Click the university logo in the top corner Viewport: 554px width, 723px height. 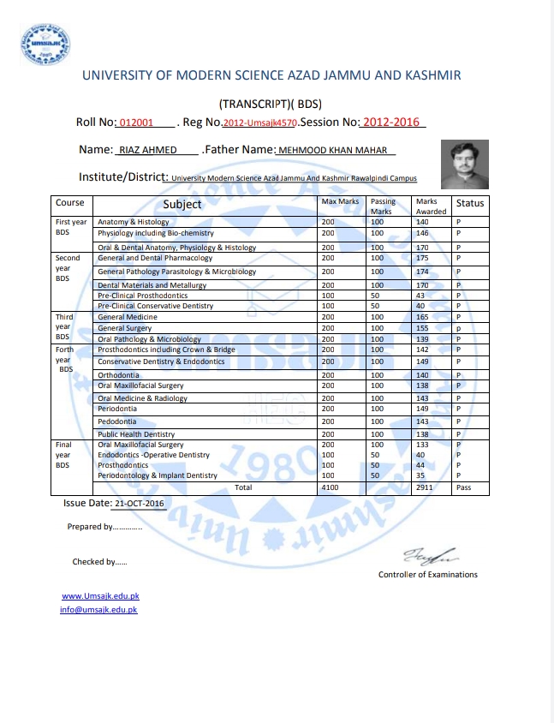(44, 42)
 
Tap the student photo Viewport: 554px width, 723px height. (465, 164)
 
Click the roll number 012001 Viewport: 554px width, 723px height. (137, 123)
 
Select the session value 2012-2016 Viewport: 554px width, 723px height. (391, 122)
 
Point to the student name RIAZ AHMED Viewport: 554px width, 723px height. (148, 150)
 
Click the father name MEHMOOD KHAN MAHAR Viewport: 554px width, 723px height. (335, 150)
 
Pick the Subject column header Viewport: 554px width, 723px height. (182, 204)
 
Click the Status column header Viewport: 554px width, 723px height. (470, 204)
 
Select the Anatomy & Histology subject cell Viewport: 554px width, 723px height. (134, 222)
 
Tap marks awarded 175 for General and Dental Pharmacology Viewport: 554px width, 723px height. (422, 258)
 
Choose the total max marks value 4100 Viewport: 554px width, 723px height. (330, 487)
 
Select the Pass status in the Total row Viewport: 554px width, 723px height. (464, 487)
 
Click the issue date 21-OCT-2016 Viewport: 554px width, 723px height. (139, 504)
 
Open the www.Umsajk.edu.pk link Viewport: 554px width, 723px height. (100, 595)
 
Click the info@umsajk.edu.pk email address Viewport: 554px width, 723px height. (98, 609)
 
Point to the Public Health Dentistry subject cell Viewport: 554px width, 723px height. (136, 434)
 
